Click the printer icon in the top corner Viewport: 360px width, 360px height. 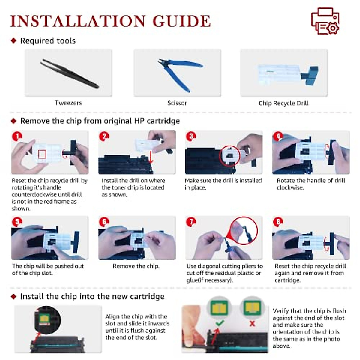point(325,21)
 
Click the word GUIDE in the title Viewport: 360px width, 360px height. point(182,21)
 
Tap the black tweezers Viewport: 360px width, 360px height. point(70,73)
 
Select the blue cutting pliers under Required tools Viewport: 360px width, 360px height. point(180,75)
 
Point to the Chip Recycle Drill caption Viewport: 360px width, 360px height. point(283,103)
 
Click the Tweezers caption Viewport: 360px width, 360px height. point(68,103)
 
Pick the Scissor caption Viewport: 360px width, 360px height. point(177,103)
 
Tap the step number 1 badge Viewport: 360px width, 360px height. point(17,136)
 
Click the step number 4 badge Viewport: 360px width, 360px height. point(278,136)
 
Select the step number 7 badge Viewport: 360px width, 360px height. point(191,222)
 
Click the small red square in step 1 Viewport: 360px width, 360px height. point(42,154)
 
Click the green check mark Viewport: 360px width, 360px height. point(220,322)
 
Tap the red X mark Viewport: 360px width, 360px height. point(252,323)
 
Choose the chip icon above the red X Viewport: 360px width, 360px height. point(253,308)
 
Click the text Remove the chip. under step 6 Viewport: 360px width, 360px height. point(136,266)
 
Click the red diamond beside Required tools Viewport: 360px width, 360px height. point(13,40)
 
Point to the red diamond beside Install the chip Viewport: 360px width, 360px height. point(13,296)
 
